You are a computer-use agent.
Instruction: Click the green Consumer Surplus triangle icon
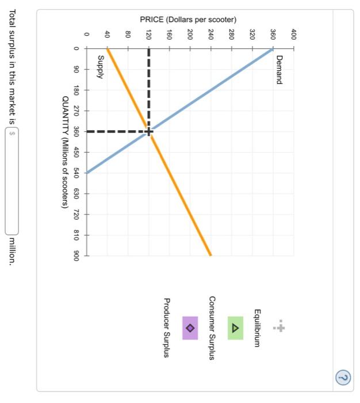235,328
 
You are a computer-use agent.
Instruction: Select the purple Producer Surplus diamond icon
190,328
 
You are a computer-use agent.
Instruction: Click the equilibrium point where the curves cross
149,132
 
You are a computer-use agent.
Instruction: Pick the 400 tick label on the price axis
294,33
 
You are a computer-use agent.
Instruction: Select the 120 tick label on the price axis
148,33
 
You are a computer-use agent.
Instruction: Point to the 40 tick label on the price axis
107,33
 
